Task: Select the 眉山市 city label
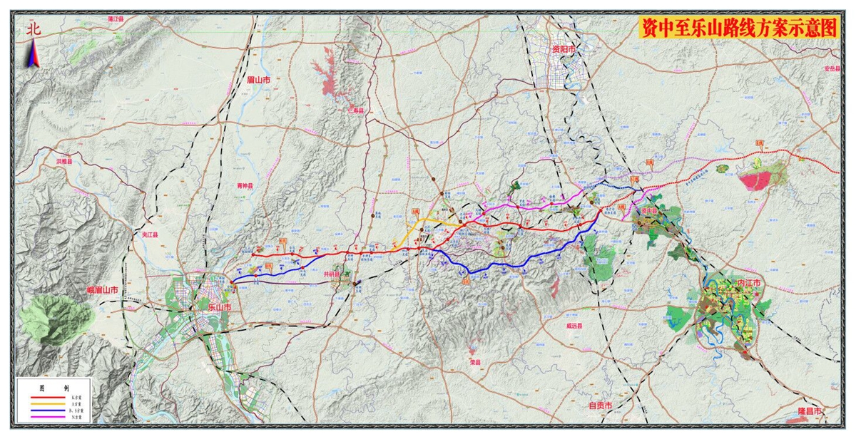pyautogui.click(x=258, y=81)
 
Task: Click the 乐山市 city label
pyautogui.click(x=220, y=307)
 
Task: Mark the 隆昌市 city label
pyautogui.click(x=809, y=412)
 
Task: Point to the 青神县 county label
pyautogui.click(x=245, y=185)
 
